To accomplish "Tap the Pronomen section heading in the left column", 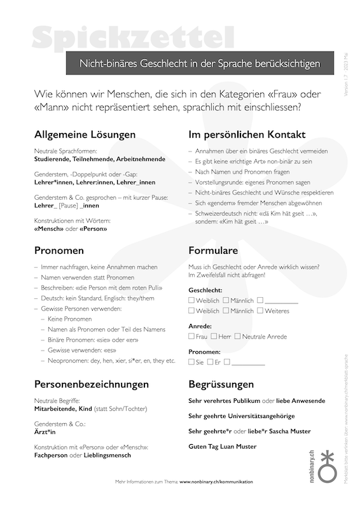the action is [x=59, y=250].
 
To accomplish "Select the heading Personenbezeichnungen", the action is [x=92, y=384].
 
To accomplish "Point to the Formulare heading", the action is [x=213, y=250].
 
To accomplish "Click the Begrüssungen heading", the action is [x=221, y=384].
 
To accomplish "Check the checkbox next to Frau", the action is [x=192, y=336].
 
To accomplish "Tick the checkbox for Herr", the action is [x=214, y=336].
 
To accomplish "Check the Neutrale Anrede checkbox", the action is [x=238, y=336].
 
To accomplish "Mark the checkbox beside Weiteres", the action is [x=260, y=310].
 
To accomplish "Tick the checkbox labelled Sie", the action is [x=192, y=361].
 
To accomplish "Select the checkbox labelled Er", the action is [x=210, y=361].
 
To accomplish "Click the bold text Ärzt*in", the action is [x=45, y=431].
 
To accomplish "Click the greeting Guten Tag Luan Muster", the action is [x=223, y=447].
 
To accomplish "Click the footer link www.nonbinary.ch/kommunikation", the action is [x=216, y=482].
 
